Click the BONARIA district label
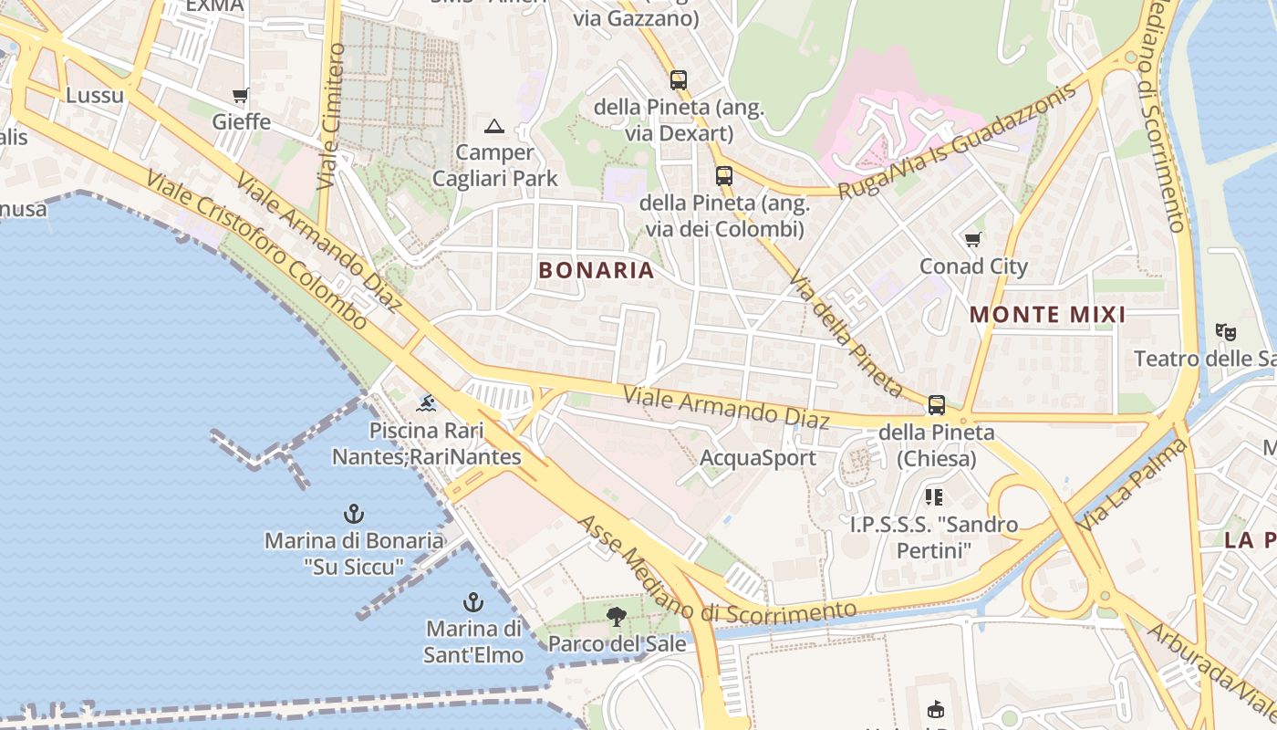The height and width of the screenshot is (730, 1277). pos(597,270)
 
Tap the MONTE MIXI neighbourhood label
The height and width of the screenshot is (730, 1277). pos(1047,316)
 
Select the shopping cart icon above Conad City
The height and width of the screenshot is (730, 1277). pos(973,240)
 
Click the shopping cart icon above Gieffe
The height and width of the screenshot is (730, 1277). pos(241,95)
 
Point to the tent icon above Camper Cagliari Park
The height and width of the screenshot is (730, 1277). pos(494,126)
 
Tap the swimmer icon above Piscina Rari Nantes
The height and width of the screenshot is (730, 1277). pos(426,402)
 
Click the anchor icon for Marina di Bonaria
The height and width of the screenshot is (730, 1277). pos(353,514)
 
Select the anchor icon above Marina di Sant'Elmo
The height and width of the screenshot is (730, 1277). pos(472,602)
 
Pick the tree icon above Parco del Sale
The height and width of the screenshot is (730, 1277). pos(617,617)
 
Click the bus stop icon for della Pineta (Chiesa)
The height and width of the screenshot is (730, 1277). pos(936,405)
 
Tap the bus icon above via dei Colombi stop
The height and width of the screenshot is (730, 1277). pos(723,175)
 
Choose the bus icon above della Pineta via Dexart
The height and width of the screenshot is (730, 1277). pos(678,80)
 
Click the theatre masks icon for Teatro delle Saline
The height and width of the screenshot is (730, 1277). pos(1225,332)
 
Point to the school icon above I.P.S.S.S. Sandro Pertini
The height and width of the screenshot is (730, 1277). pos(933,497)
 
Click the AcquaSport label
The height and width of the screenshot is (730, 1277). pos(758,458)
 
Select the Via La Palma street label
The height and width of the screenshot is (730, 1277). pos(1134,486)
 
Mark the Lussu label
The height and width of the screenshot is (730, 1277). pos(95,95)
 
